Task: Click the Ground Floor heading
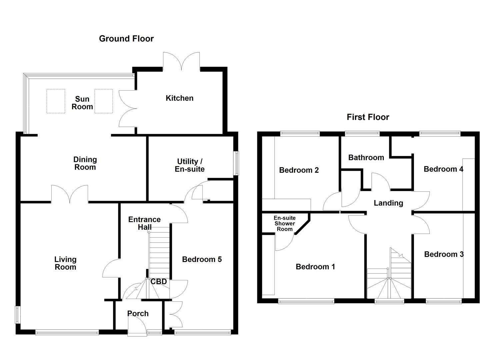(x=126, y=39)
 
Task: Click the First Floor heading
(x=368, y=117)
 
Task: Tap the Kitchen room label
(x=179, y=98)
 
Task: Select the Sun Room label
(x=82, y=103)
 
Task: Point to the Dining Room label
(x=85, y=163)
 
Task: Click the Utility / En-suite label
(x=189, y=165)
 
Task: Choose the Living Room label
(x=65, y=263)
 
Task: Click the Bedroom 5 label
(x=202, y=259)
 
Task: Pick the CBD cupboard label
(x=159, y=282)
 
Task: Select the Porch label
(x=138, y=313)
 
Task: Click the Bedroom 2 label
(x=299, y=170)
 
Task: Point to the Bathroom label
(x=366, y=157)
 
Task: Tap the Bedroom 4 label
(x=443, y=169)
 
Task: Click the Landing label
(x=388, y=203)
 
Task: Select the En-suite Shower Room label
(x=285, y=223)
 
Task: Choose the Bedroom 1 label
(x=315, y=267)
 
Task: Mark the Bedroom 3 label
(x=444, y=254)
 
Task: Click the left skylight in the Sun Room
(x=56, y=101)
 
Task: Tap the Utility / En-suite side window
(x=236, y=163)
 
